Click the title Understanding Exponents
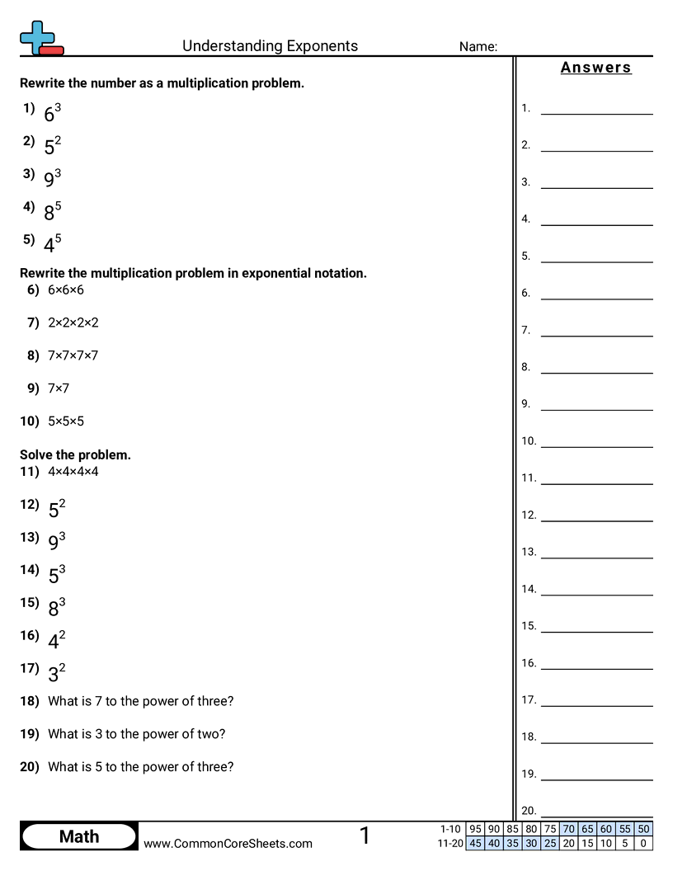pos(270,46)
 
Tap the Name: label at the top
pos(478,47)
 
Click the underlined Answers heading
pos(595,68)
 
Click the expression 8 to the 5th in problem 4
pos(53,211)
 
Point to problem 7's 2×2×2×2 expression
pos(73,323)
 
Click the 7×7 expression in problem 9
pos(59,388)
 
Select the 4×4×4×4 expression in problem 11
pos(73,472)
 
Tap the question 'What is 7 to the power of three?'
pos(141,701)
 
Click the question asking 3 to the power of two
pos(137,734)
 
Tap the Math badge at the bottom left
pos(79,836)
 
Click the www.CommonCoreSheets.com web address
pos(228,843)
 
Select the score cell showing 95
pos(475,829)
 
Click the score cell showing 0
pos(643,843)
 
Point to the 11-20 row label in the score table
pos(451,843)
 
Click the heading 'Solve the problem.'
pos(75,454)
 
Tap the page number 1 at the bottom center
pos(365,836)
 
